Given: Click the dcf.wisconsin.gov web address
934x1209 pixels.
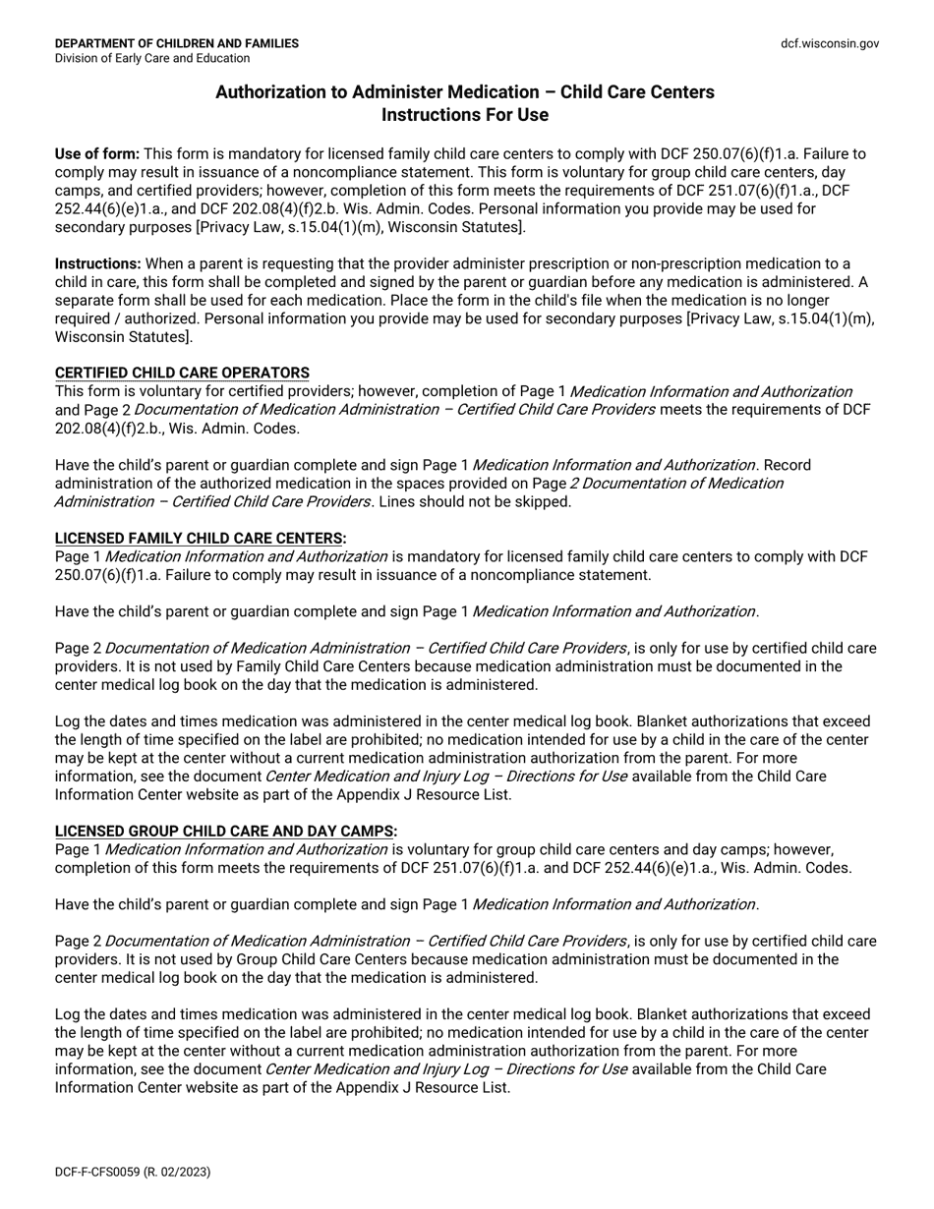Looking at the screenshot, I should click(x=830, y=43).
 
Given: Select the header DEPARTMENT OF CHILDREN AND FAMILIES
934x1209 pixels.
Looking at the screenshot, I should click(x=177, y=43).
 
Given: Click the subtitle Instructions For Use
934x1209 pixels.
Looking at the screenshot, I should click(x=464, y=115).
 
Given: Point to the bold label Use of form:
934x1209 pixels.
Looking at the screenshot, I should click(x=97, y=154).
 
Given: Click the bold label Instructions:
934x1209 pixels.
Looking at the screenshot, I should click(x=98, y=264).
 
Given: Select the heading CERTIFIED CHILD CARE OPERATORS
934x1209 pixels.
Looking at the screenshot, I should click(x=182, y=374).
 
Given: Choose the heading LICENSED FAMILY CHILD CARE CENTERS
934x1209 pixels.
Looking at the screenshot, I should click(x=199, y=539).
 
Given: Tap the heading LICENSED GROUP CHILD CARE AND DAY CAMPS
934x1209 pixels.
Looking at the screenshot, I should click(x=224, y=832).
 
